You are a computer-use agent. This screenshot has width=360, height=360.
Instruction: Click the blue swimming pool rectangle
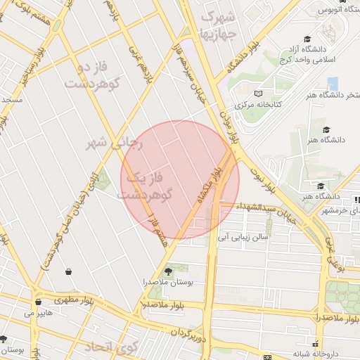coord(333,84)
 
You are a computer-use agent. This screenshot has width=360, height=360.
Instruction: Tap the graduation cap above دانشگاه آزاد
coord(307,39)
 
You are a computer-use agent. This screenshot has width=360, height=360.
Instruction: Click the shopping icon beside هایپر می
coord(37,302)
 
